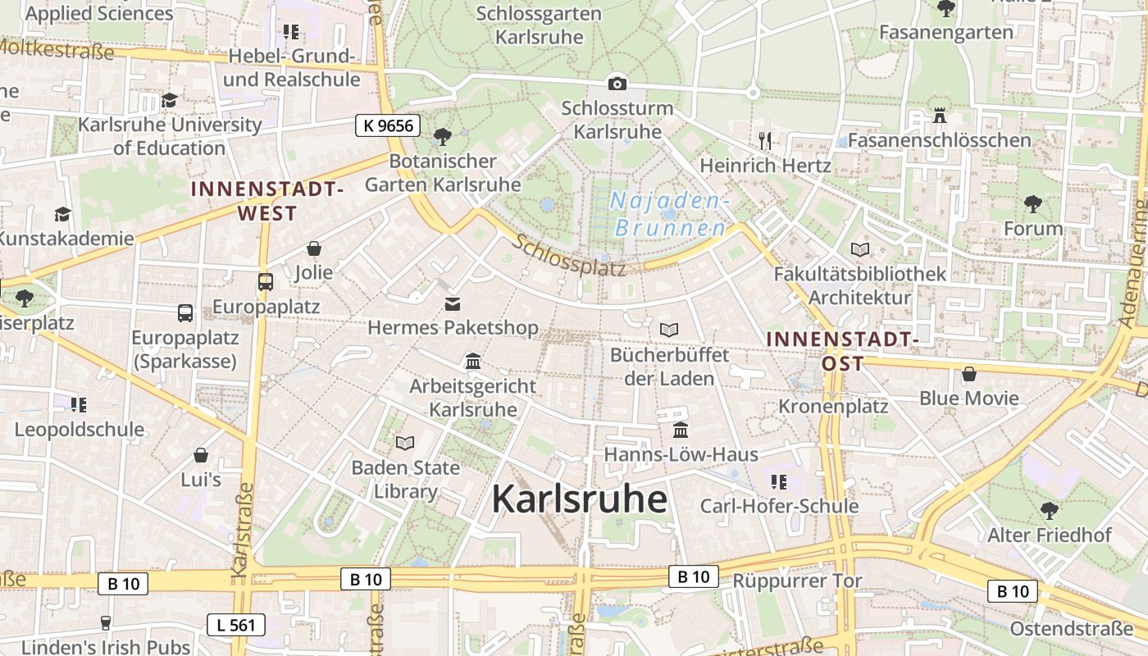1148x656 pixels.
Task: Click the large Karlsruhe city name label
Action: pyautogui.click(x=579, y=499)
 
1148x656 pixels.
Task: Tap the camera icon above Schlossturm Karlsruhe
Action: pyautogui.click(x=617, y=84)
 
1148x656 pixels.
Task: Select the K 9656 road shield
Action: pyautogui.click(x=388, y=125)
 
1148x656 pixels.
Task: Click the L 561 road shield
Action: pyautogui.click(x=235, y=625)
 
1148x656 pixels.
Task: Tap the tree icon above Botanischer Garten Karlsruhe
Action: pyautogui.click(x=443, y=136)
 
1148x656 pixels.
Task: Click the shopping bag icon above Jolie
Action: pyautogui.click(x=314, y=248)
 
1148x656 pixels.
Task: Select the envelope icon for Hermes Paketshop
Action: pyautogui.click(x=453, y=304)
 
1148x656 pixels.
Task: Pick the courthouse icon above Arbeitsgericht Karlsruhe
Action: pyautogui.click(x=472, y=362)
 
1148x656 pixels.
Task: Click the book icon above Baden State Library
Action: pyautogui.click(x=405, y=444)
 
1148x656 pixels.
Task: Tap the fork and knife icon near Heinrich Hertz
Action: pyautogui.click(x=765, y=140)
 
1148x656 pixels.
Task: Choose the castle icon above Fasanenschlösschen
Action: pyautogui.click(x=940, y=116)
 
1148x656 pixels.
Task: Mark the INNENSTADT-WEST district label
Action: pyautogui.click(x=266, y=201)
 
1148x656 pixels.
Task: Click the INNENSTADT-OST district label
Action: pyautogui.click(x=841, y=350)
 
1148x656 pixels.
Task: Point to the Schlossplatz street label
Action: pyautogui.click(x=570, y=256)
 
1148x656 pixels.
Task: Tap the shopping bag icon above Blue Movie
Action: pyautogui.click(x=969, y=375)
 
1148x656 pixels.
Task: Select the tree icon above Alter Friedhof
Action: pyautogui.click(x=1049, y=511)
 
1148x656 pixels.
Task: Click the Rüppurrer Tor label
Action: pyautogui.click(x=797, y=581)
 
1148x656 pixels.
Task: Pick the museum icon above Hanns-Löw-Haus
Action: pyautogui.click(x=681, y=430)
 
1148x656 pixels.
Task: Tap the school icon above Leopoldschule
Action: pyautogui.click(x=79, y=404)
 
